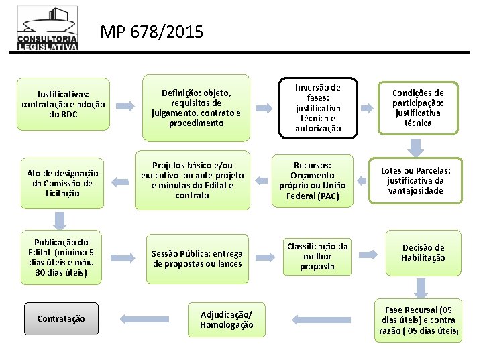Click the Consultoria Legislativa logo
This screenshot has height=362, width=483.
tap(48, 29)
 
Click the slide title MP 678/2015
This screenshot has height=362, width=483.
tap(152, 32)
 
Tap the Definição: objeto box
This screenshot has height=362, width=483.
tap(193, 107)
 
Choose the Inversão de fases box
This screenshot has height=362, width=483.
tap(318, 107)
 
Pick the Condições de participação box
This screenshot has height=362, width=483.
tap(418, 107)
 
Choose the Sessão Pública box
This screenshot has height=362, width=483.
tap(197, 258)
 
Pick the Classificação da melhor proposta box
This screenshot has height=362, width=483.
tap(318, 257)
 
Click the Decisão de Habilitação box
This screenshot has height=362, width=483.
tap(423, 253)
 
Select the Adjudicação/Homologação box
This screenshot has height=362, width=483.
tap(227, 320)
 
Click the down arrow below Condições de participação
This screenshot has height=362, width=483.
tap(417, 147)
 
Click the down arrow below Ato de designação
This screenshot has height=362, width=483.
tap(60, 219)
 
